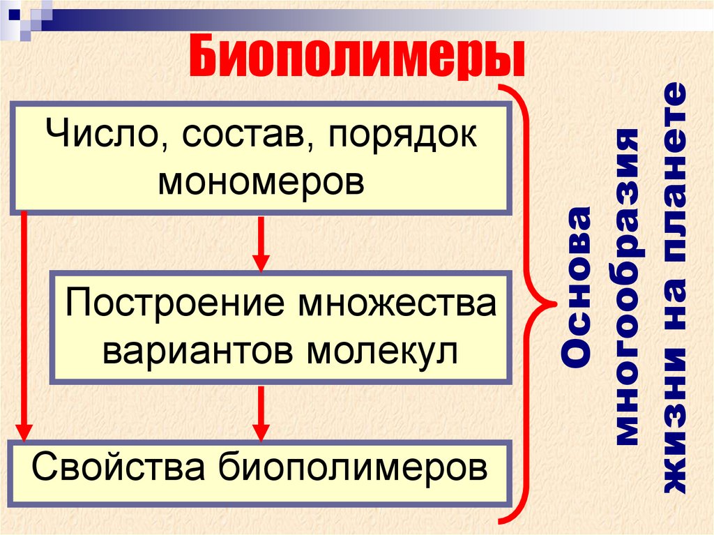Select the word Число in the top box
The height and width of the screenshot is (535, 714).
(x=100, y=136)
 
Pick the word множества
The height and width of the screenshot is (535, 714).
(x=397, y=305)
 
